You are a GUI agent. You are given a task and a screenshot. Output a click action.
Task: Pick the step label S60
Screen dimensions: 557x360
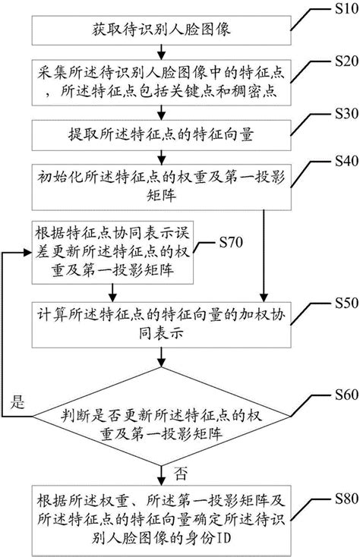[x=336, y=396]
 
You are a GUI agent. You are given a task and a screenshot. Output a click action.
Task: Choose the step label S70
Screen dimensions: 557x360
[x=229, y=243]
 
